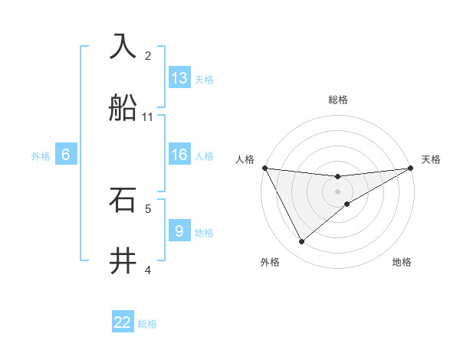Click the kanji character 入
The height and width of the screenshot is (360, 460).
(x=123, y=46)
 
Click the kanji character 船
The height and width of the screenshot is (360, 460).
(x=123, y=108)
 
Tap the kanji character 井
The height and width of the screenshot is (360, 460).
(x=123, y=261)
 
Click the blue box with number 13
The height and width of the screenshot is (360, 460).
(x=179, y=78)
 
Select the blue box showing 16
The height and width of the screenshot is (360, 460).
(x=179, y=155)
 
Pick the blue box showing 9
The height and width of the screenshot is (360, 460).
(x=179, y=231)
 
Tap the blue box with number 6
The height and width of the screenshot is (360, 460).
(x=66, y=155)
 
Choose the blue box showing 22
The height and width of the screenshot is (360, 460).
(x=123, y=322)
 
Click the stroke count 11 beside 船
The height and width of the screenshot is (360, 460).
(x=148, y=116)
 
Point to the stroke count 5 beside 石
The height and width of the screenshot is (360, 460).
(x=148, y=208)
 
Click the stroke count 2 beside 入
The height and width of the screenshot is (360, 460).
(x=148, y=55)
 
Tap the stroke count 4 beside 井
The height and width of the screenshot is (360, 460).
(x=148, y=270)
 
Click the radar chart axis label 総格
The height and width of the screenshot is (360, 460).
(x=338, y=100)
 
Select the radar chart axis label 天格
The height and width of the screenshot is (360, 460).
(x=431, y=159)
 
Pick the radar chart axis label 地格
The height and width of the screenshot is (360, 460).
(x=402, y=262)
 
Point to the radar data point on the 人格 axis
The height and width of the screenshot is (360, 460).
(x=264, y=168)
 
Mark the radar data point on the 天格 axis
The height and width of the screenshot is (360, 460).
(x=411, y=168)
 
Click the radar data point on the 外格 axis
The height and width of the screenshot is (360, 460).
(x=301, y=242)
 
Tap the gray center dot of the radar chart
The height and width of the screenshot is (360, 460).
(x=338, y=191)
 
